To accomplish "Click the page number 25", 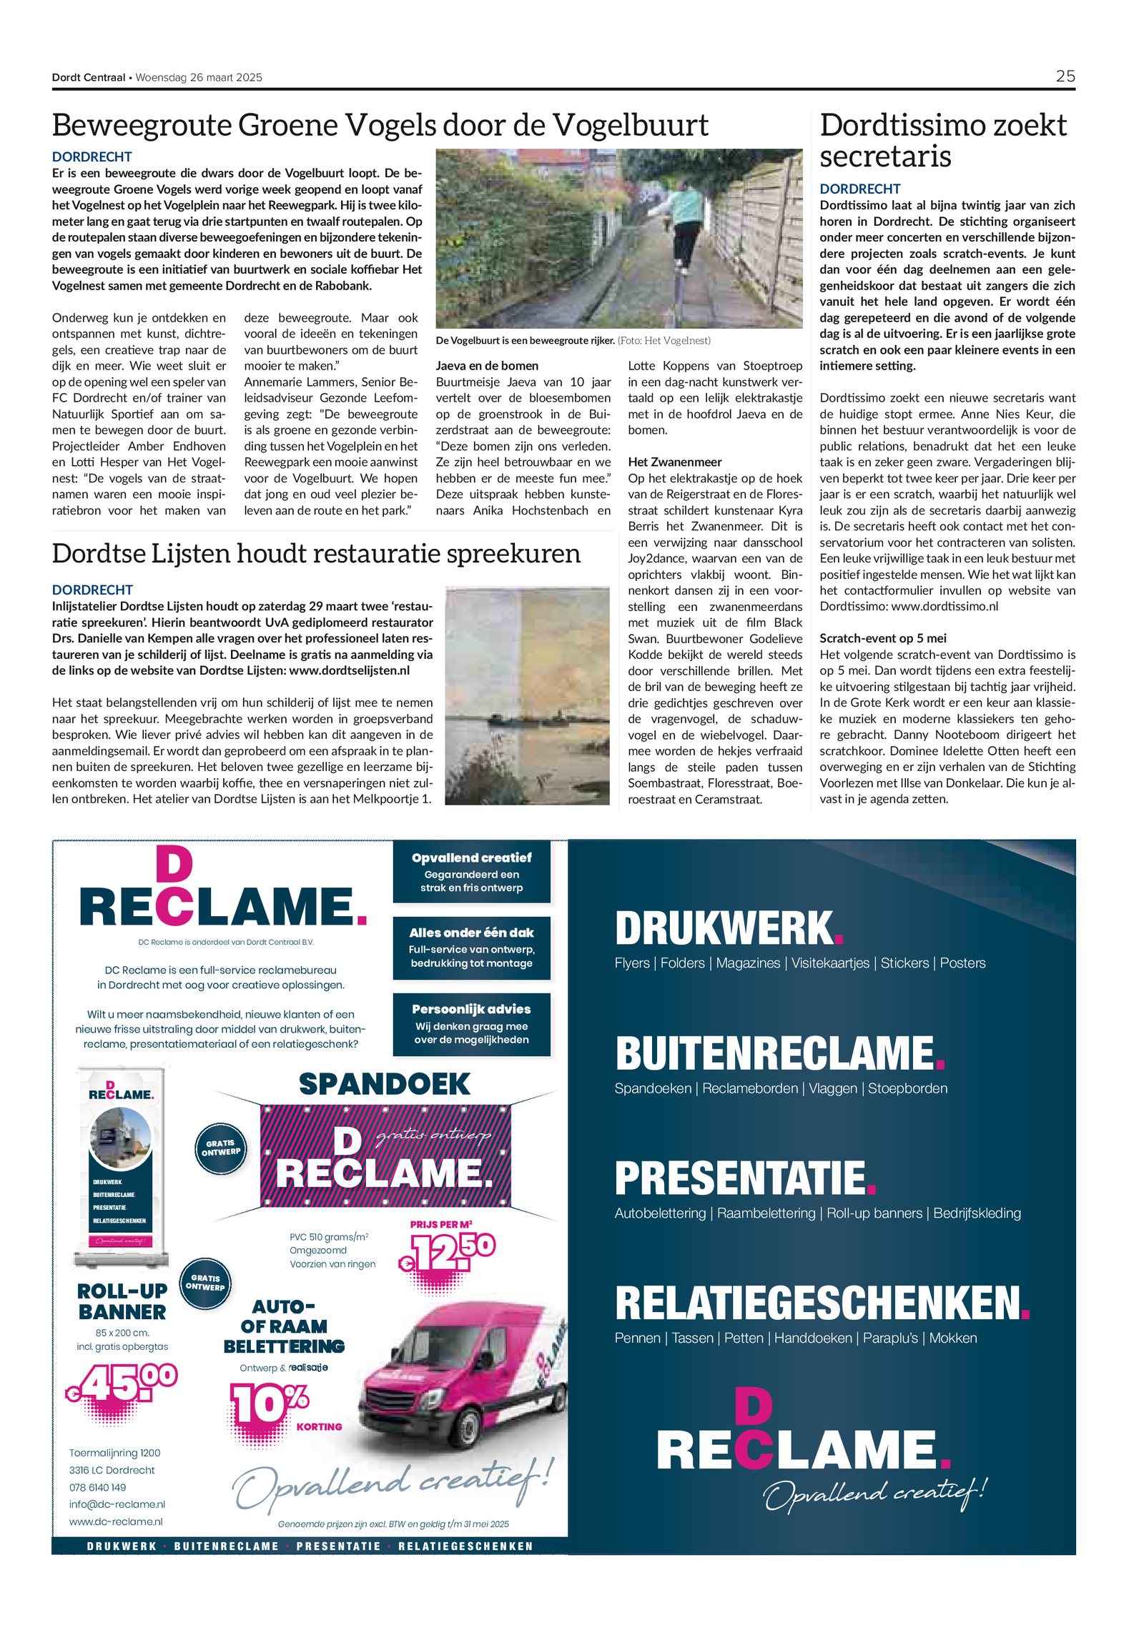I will (1065, 76).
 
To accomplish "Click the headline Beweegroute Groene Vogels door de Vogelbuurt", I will (380, 125).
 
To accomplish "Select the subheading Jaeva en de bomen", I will (487, 366).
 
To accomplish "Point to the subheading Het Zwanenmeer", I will (674, 462).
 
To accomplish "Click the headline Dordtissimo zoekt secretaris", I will (943, 140).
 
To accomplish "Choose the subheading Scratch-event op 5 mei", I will (882, 639).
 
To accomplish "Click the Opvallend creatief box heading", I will (471, 858).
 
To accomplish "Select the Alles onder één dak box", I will (471, 948).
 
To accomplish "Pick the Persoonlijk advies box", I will (471, 1023).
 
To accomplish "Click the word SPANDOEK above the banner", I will (384, 1084).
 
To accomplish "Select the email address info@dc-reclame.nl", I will (117, 1504).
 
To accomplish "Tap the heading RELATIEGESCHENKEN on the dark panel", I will (819, 1303).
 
